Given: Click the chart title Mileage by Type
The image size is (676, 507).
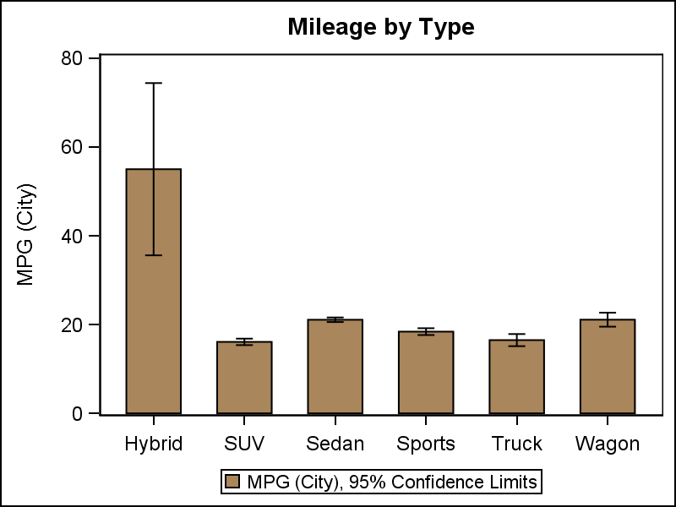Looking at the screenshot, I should (380, 27).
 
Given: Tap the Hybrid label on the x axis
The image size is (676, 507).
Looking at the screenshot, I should (153, 444).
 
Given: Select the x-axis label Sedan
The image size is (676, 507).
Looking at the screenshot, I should (335, 444).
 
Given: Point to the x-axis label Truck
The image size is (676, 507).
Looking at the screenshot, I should (516, 444).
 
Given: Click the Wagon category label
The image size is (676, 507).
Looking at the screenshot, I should (607, 444).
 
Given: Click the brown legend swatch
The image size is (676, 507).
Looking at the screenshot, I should (233, 482).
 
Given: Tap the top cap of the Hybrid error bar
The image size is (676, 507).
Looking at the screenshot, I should (153, 83).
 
